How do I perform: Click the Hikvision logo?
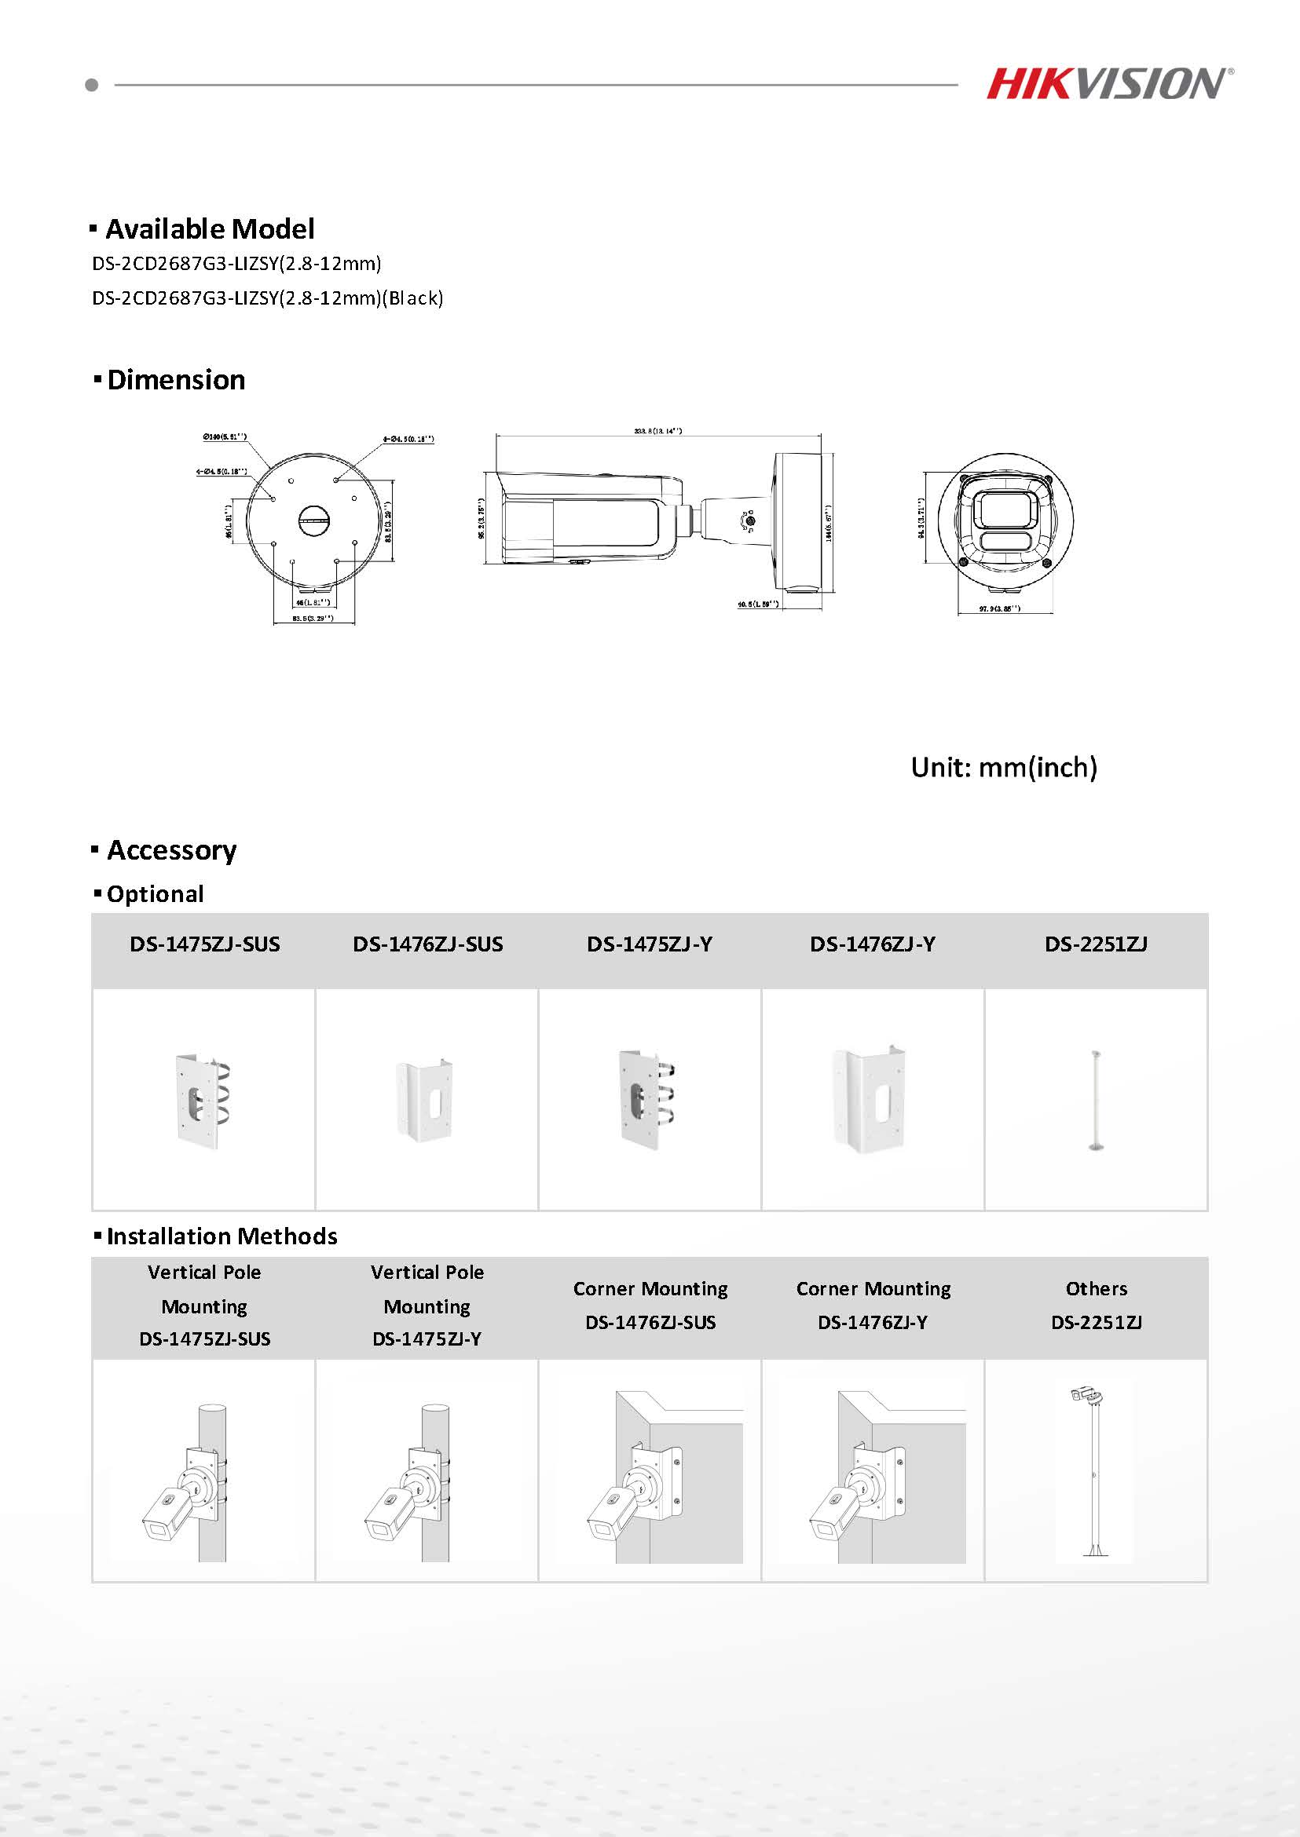tap(1108, 84)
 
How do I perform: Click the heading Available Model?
tap(210, 229)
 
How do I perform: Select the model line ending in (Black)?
tap(267, 298)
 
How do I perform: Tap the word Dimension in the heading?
tap(176, 380)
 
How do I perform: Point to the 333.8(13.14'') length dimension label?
tap(658, 431)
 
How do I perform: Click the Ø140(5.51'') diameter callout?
tap(225, 437)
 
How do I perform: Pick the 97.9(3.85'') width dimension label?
tap(999, 609)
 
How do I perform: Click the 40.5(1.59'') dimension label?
tap(758, 604)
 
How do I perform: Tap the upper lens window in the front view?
tap(1005, 507)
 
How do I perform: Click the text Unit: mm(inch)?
tap(1004, 768)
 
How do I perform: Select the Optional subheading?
tap(156, 894)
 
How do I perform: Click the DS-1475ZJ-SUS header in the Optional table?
tap(205, 945)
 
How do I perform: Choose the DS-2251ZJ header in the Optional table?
tap(1096, 945)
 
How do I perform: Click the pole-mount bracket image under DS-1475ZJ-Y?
tap(647, 1100)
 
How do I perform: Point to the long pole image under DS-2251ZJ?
tap(1095, 1099)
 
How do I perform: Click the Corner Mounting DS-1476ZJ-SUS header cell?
tap(650, 1305)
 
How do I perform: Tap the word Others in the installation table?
tap(1096, 1289)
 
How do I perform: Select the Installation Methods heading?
tap(222, 1237)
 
